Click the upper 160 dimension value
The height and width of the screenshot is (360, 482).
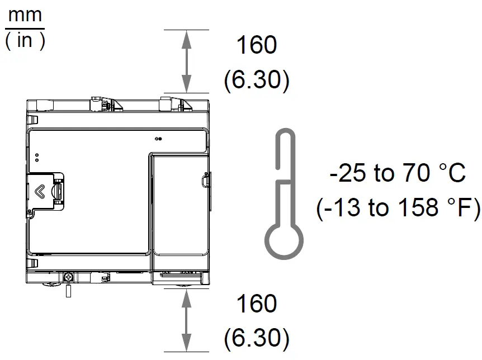[257, 45]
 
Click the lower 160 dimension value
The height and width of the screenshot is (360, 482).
[257, 304]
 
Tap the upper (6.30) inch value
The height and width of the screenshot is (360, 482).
[257, 79]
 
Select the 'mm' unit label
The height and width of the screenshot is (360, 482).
[25, 15]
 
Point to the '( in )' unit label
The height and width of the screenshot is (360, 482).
[25, 41]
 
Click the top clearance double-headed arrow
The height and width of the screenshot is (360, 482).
[186, 61]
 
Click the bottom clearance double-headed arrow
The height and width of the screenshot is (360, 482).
[186, 320]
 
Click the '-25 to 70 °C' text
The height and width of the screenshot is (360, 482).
[398, 173]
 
